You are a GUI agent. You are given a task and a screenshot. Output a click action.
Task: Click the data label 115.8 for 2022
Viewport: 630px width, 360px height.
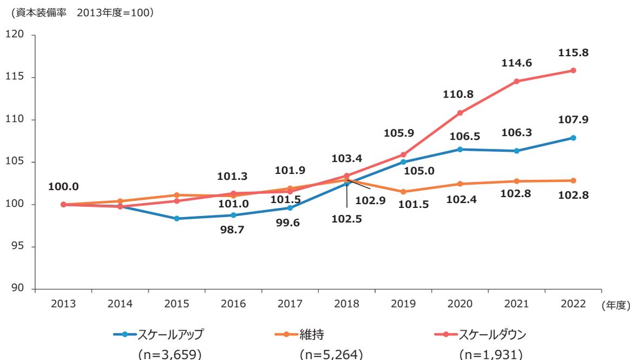pyautogui.click(x=573, y=53)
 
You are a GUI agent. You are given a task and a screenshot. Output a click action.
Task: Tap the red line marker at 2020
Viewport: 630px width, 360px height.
pyautogui.click(x=460, y=113)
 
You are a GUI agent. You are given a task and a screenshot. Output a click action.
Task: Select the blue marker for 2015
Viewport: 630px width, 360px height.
pyautogui.click(x=176, y=219)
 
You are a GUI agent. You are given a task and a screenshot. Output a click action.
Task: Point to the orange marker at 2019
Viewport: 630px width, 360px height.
pyautogui.click(x=403, y=192)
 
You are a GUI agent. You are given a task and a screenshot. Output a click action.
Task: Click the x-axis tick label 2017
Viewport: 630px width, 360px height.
pyautogui.click(x=290, y=304)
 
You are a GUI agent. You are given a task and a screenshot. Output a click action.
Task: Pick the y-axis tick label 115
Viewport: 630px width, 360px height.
pyautogui.click(x=18, y=77)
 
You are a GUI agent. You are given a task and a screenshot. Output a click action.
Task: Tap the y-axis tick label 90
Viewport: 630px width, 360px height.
pyautogui.click(x=21, y=289)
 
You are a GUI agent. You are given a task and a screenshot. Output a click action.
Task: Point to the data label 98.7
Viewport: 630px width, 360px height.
pyautogui.click(x=233, y=230)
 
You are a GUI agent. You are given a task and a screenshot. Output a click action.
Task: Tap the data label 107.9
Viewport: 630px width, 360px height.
pyautogui.click(x=573, y=120)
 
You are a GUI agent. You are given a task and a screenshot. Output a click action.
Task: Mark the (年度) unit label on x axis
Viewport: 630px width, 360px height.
pyautogui.click(x=615, y=305)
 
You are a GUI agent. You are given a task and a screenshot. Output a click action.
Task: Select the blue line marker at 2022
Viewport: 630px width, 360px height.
pyautogui.click(x=573, y=138)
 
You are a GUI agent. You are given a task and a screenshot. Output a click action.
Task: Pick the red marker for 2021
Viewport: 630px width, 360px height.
pyautogui.click(x=516, y=81)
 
